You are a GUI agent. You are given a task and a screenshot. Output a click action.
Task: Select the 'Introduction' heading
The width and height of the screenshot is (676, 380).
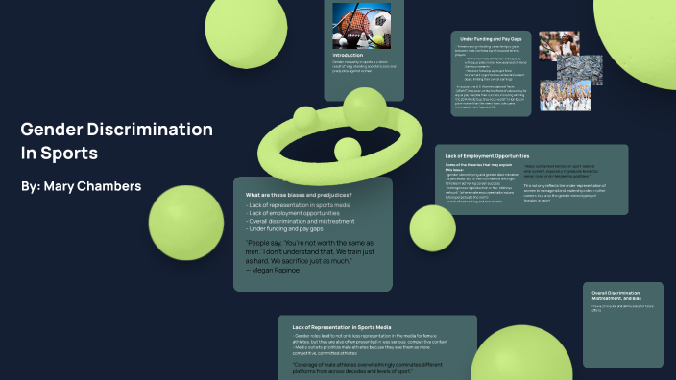click(x=348, y=55)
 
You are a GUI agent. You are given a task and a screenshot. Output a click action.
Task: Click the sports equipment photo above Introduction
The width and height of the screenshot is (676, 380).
click(x=359, y=23)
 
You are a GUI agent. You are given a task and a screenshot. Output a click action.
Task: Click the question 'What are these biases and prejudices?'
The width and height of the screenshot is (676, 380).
click(x=299, y=196)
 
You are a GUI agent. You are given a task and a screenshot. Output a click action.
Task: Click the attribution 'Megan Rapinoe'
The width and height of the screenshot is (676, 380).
click(x=278, y=270)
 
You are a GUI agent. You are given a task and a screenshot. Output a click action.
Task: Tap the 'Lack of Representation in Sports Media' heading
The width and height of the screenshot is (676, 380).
click(x=335, y=327)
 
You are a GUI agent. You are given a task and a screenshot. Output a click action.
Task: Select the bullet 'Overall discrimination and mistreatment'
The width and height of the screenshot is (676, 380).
click(x=302, y=221)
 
